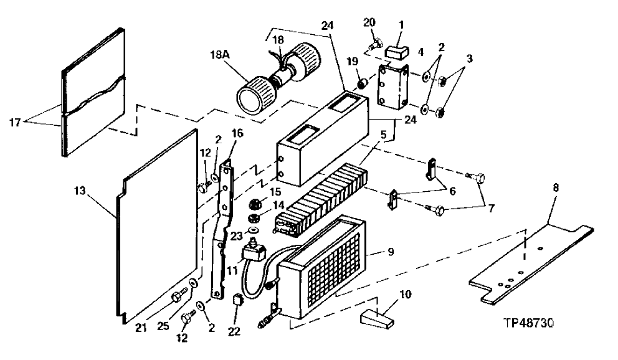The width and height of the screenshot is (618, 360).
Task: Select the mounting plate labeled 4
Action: (x=396, y=93)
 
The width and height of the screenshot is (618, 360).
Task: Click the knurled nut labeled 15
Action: (x=254, y=203)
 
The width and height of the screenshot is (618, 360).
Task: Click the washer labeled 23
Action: (x=254, y=231)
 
